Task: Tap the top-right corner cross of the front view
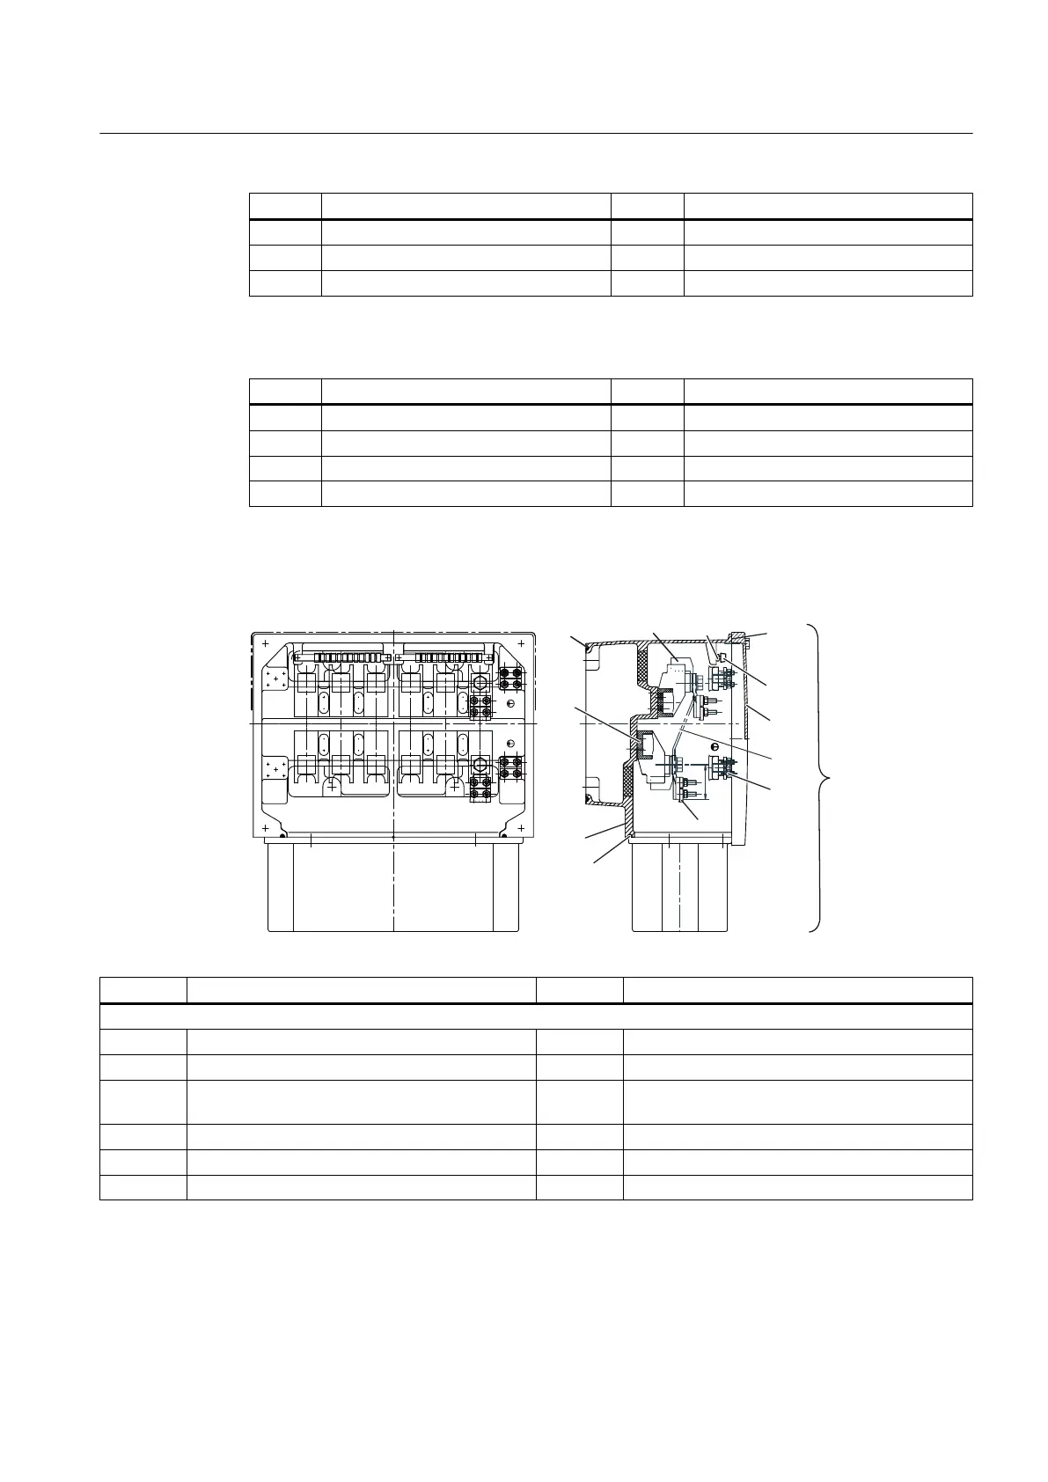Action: [x=521, y=643]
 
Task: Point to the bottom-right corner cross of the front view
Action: [x=521, y=828]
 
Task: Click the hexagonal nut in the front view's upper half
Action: [x=480, y=683]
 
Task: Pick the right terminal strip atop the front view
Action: [x=444, y=657]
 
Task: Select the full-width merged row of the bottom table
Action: [x=535, y=1016]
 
